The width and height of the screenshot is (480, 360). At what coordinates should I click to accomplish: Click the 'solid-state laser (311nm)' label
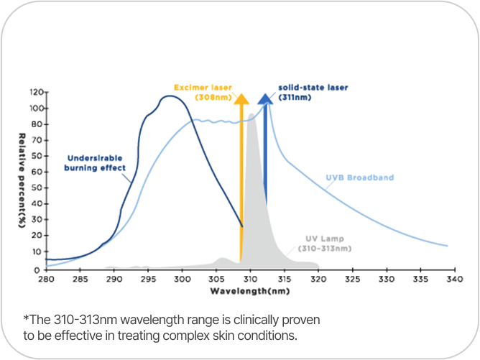pos(313,91)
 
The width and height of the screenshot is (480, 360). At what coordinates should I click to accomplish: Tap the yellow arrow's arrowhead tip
pos(241,94)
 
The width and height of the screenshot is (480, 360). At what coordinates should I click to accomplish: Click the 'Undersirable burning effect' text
pos(97,163)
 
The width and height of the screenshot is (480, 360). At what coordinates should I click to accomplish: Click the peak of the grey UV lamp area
pos(251,114)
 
